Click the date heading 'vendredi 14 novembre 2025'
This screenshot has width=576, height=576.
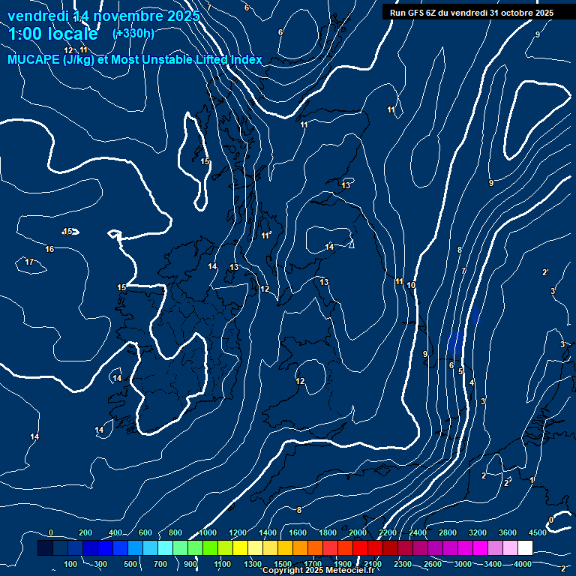point(103,16)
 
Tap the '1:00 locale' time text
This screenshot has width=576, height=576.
point(53,34)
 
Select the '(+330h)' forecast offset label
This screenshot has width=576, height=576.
point(133,33)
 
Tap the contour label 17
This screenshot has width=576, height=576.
point(29,262)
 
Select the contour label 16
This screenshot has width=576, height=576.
point(49,249)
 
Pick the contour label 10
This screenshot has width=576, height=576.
point(411,285)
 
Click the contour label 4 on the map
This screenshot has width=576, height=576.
point(472,383)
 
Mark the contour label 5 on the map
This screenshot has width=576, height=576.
point(460,371)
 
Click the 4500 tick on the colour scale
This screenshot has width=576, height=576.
point(537,532)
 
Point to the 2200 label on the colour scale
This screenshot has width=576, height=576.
point(388,532)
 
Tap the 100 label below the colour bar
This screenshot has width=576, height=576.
point(70,564)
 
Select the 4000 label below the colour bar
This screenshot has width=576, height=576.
point(523,564)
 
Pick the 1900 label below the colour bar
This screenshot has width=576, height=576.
point(342,564)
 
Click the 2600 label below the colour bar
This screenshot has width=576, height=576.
point(433,564)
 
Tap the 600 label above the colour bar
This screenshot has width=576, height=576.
point(145,532)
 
